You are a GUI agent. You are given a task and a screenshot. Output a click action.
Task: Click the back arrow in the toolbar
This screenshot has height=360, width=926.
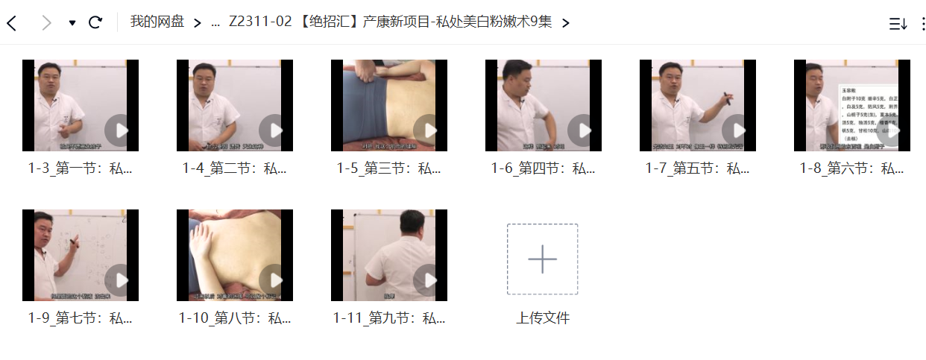[x=11, y=23]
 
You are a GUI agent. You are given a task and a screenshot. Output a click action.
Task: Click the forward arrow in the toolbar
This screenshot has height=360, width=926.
[x=46, y=23]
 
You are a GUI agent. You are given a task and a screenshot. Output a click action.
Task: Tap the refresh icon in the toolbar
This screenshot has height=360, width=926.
[x=95, y=22]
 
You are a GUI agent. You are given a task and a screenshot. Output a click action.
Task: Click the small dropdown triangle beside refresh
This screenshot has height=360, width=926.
[x=72, y=23]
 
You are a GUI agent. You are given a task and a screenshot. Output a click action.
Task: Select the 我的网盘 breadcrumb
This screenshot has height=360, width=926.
[x=157, y=22]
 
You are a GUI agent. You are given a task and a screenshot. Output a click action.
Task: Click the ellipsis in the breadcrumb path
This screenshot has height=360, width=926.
[x=215, y=22]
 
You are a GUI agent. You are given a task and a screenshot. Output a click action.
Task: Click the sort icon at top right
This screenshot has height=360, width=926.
[x=898, y=23]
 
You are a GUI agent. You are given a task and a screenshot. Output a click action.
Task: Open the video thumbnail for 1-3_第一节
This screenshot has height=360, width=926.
[x=80, y=105]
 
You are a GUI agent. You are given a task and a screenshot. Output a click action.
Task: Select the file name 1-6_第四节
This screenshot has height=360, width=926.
[x=543, y=168]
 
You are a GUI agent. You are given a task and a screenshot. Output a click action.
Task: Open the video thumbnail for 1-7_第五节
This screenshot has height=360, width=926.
[x=697, y=105]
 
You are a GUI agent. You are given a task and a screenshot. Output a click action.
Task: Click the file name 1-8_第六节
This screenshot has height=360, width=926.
[x=851, y=168]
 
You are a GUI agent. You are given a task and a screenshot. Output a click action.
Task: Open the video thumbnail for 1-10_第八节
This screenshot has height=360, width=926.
[x=234, y=255]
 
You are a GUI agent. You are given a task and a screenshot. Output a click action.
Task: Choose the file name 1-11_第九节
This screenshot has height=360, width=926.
[x=388, y=318]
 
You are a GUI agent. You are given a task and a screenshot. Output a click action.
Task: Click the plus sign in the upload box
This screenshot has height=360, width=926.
[x=542, y=259]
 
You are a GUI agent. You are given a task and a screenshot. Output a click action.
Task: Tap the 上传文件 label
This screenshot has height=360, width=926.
[x=542, y=318]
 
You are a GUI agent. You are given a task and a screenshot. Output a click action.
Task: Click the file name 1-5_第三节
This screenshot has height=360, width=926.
[x=388, y=168]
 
